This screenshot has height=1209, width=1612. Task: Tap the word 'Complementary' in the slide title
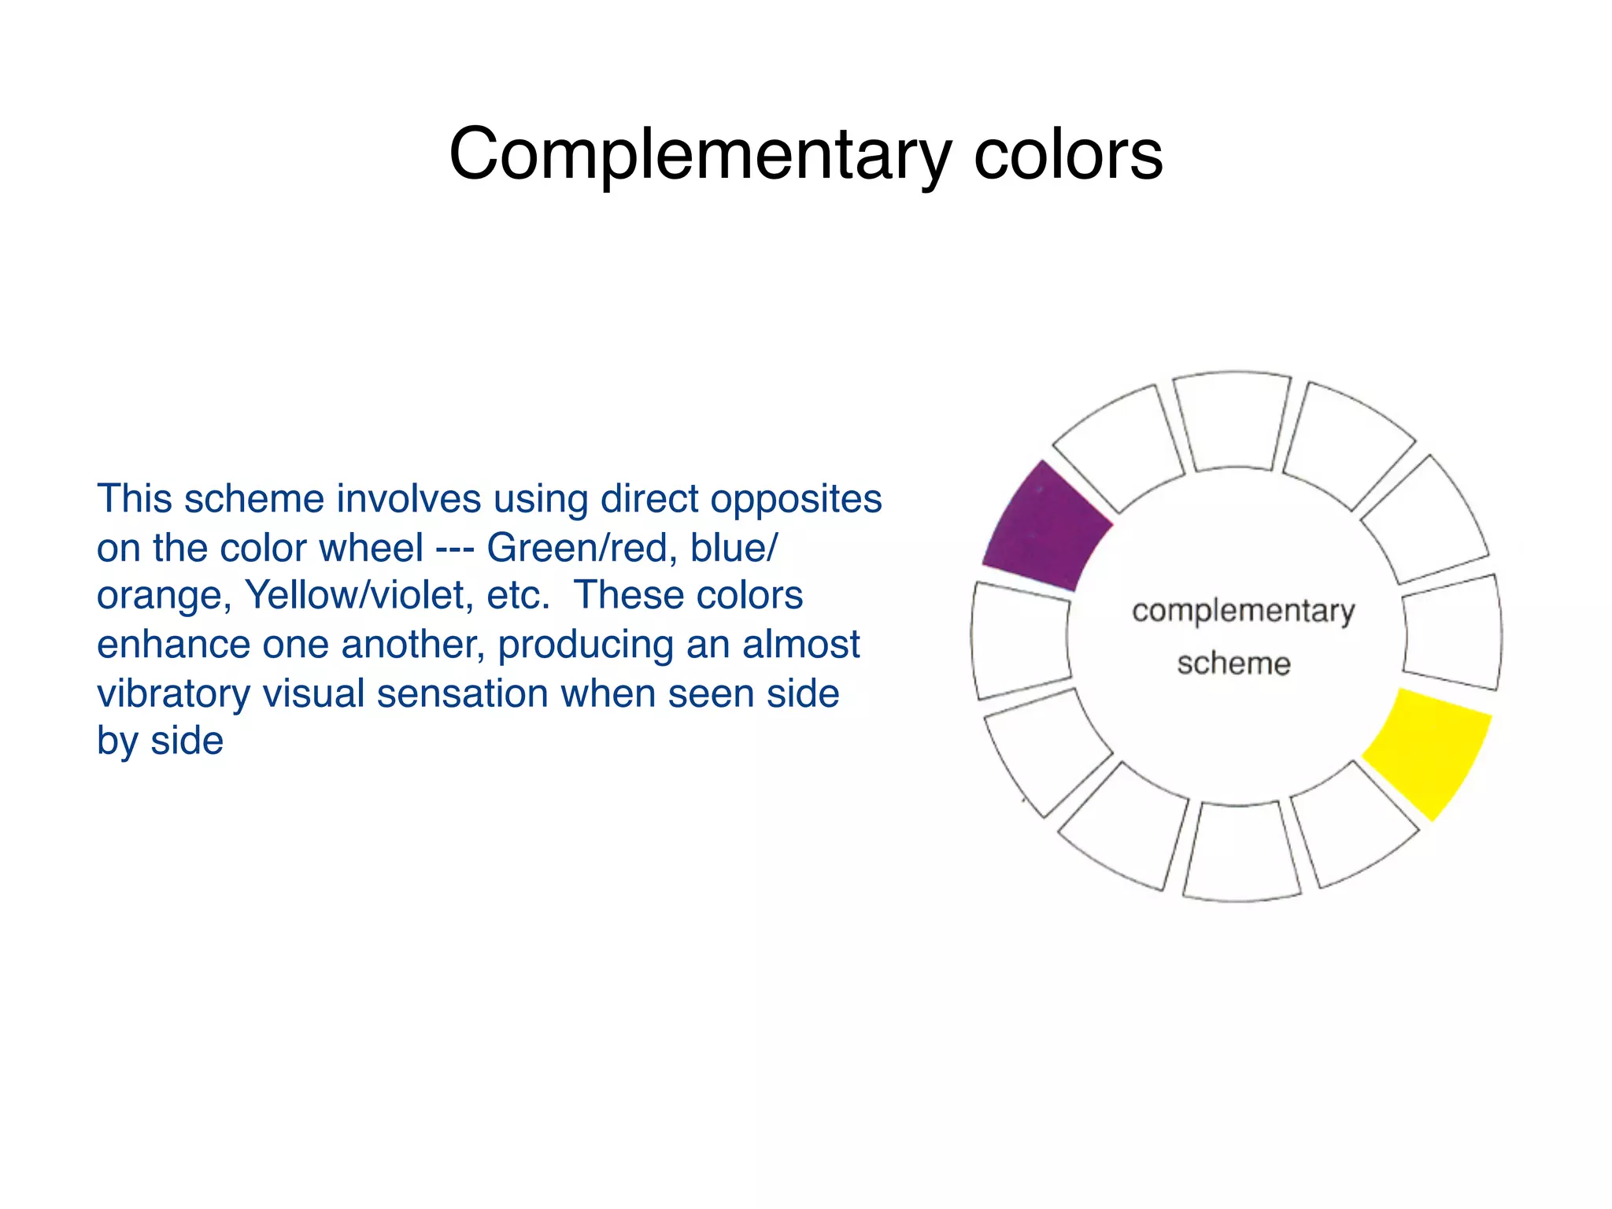[x=700, y=154]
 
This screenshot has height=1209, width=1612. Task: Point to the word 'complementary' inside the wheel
[x=1243, y=612]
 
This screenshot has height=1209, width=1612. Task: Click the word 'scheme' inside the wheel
[x=1233, y=664]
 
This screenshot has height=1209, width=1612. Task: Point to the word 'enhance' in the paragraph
[x=172, y=645]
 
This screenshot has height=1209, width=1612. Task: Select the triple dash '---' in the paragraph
[x=454, y=547]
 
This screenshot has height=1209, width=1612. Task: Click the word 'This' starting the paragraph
[x=134, y=499]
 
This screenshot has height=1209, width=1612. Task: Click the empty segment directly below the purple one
[x=1021, y=639]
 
